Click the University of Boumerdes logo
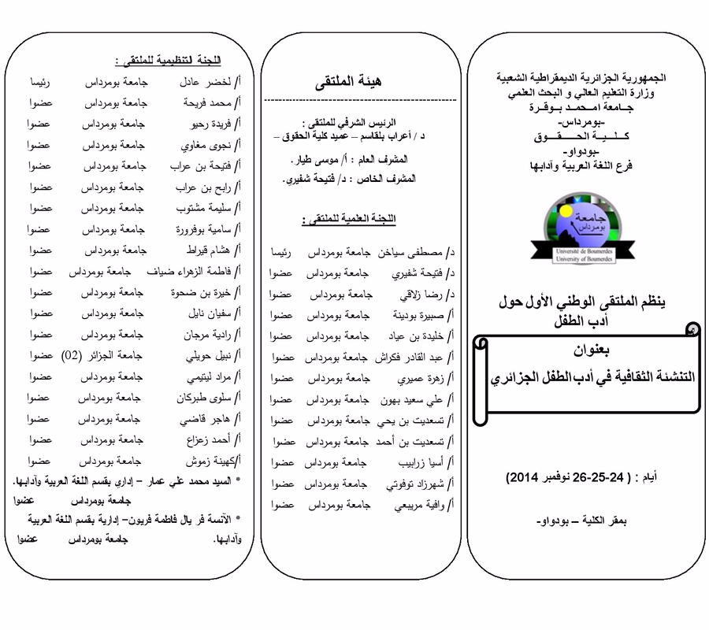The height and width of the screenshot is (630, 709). coord(585,228)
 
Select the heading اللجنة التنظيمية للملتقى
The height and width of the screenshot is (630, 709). coord(168,61)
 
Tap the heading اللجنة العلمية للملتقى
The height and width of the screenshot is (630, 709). coord(347,218)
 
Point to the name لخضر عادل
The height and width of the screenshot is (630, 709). coord(204,82)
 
